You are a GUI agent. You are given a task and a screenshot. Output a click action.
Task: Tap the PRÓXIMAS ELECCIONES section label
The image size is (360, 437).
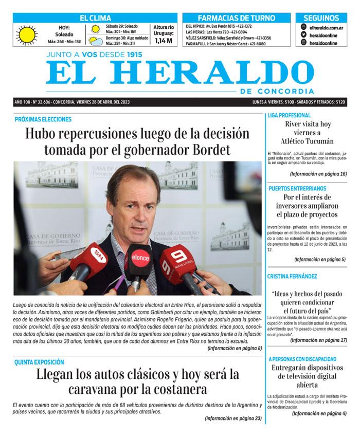click(43, 119)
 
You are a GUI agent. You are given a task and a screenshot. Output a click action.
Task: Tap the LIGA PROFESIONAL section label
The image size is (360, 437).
click(289, 115)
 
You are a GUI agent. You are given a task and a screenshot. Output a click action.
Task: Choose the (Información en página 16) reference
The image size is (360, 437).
click(318, 174)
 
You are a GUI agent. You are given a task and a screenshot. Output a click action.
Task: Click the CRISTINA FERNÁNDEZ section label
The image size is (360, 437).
click(292, 276)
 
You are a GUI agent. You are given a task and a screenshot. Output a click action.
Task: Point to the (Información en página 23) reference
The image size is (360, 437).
click(232, 418)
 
